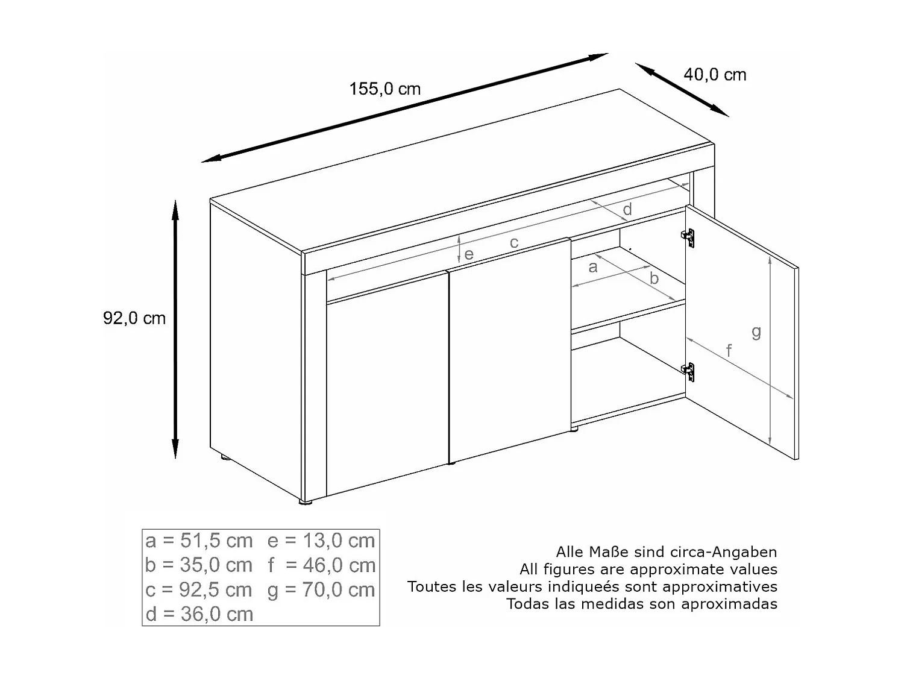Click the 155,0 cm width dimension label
tap(385, 89)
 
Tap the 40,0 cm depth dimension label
tap(715, 75)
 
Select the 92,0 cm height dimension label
tap(134, 318)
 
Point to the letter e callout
tap(469, 255)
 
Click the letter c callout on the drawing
tap(514, 243)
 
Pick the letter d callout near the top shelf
tap(627, 209)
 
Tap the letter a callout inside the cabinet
tap(592, 267)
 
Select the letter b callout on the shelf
tap(654, 278)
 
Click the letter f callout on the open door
tap(729, 350)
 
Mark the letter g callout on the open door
tap(756, 331)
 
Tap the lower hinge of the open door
tap(688, 371)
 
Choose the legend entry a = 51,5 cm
tap(199, 541)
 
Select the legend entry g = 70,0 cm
tap(321, 590)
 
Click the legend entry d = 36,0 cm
tap(199, 614)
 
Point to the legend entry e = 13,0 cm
tap(321, 541)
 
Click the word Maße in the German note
tap(609, 552)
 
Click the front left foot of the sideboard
tap(306, 501)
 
